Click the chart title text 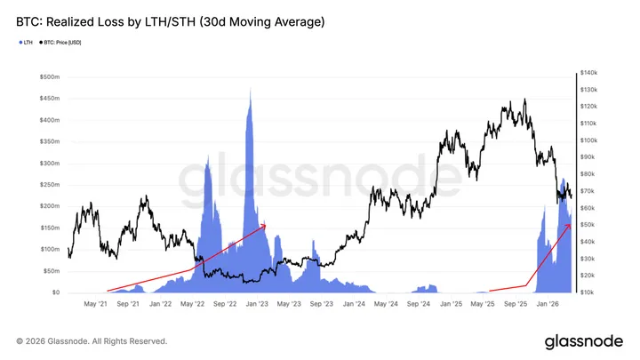pyautogui.click(x=170, y=20)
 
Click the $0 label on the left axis pyautogui.click(x=54, y=292)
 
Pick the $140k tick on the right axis pyautogui.click(x=590, y=73)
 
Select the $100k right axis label pyautogui.click(x=590, y=140)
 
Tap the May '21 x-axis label pyautogui.click(x=96, y=304)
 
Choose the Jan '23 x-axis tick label pyautogui.click(x=257, y=304)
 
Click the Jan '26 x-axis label pyautogui.click(x=546, y=304)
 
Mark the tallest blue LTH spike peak pyautogui.click(x=250, y=89)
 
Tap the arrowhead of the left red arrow pyautogui.click(x=265, y=225)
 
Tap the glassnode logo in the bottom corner pyautogui.click(x=582, y=340)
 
